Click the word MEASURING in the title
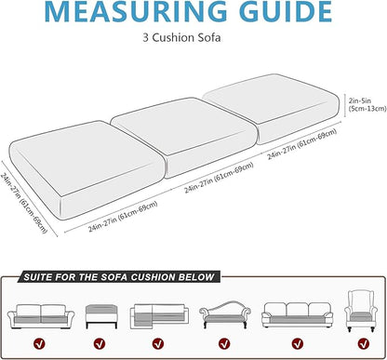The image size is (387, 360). (x=137, y=11)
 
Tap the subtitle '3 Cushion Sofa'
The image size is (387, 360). (x=181, y=38)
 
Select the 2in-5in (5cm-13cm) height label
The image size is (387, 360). (x=367, y=104)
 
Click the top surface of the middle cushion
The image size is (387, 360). (x=183, y=126)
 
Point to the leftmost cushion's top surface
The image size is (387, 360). (x=86, y=156)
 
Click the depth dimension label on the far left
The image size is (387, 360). (x=23, y=202)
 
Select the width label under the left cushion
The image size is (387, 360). (x=123, y=217)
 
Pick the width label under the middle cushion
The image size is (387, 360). (x=219, y=178)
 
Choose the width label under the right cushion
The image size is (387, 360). (x=302, y=144)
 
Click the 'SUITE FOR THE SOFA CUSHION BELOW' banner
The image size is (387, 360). (x=119, y=277)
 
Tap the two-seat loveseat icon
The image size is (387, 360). (x=41, y=316)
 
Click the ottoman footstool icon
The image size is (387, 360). (x=101, y=316)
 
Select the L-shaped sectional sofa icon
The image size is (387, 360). (x=159, y=315)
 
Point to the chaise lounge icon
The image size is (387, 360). (x=225, y=314)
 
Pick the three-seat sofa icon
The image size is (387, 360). (x=297, y=314)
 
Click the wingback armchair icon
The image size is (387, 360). (x=361, y=311)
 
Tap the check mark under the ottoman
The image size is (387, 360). (x=100, y=343)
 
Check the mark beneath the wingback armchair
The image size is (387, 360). (x=363, y=343)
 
